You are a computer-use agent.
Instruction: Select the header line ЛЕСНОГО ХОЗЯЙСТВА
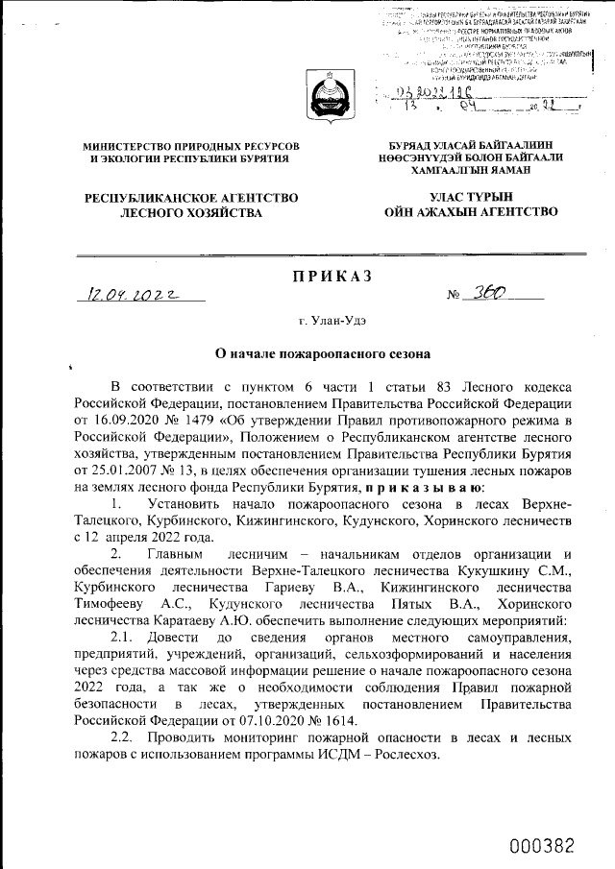pos(191,214)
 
